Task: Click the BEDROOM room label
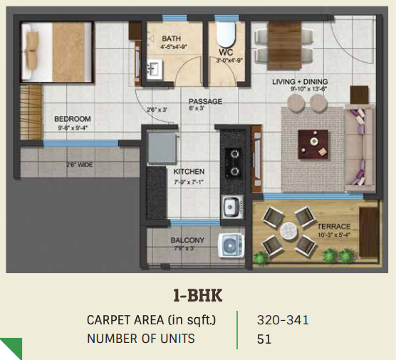[x=73, y=119]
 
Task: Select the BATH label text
[x=171, y=38]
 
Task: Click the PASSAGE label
[x=205, y=102]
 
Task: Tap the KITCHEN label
[x=189, y=172]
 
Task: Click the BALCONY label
[x=187, y=240]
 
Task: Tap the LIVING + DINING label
[x=299, y=81]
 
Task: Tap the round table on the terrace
[x=288, y=231]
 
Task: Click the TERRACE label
[x=333, y=225]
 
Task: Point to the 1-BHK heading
[x=197, y=292]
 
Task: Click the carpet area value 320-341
[x=283, y=320]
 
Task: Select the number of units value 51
[x=264, y=339]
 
